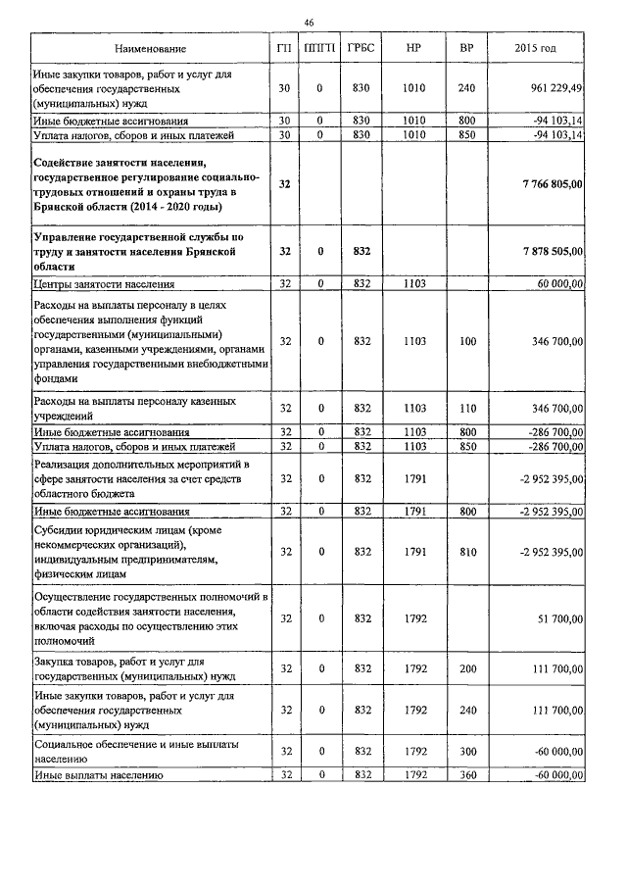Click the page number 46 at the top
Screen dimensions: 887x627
310,23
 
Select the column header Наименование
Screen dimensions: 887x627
150,48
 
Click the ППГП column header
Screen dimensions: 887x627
320,48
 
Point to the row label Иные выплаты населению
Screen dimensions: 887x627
98,775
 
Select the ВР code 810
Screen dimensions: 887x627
466,552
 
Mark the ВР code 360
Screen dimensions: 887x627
466,775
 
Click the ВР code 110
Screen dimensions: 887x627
466,408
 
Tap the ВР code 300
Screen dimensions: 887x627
466,751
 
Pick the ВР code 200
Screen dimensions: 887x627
466,668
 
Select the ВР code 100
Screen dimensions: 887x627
466,341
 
